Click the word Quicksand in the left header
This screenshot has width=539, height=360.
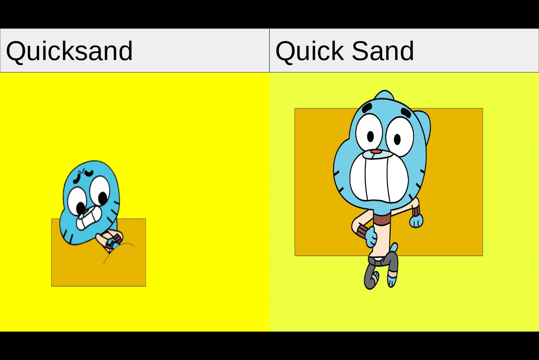click(69, 51)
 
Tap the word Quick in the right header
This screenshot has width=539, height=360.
click(309, 51)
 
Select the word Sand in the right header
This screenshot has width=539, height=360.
click(382, 51)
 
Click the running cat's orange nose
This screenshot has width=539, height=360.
click(376, 152)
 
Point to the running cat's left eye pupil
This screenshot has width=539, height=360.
click(371, 136)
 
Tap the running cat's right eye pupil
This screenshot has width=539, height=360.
click(397, 139)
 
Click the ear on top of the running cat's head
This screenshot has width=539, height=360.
click(384, 95)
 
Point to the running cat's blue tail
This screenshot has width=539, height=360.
click(394, 247)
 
